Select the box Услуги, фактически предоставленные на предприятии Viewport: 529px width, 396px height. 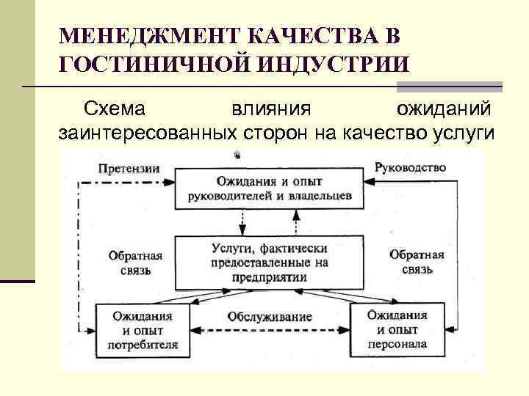point(269,263)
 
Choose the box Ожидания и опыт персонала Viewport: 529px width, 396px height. point(397,330)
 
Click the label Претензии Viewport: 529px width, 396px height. point(129,166)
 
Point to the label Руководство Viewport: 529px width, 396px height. point(410,166)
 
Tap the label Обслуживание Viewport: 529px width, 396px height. point(270,317)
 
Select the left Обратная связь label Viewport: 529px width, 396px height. point(135,263)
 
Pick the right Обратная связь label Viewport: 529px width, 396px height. point(417,262)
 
